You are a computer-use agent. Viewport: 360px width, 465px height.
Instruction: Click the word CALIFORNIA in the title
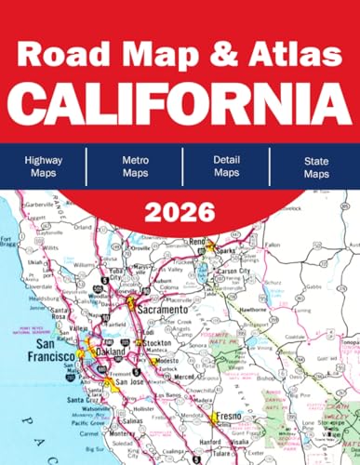pos(180,95)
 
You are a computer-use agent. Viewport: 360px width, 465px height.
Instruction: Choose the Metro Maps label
pos(135,166)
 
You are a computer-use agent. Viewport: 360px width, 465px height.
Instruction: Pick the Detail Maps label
pos(224,166)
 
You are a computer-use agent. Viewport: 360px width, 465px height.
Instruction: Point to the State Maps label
pos(313,166)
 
